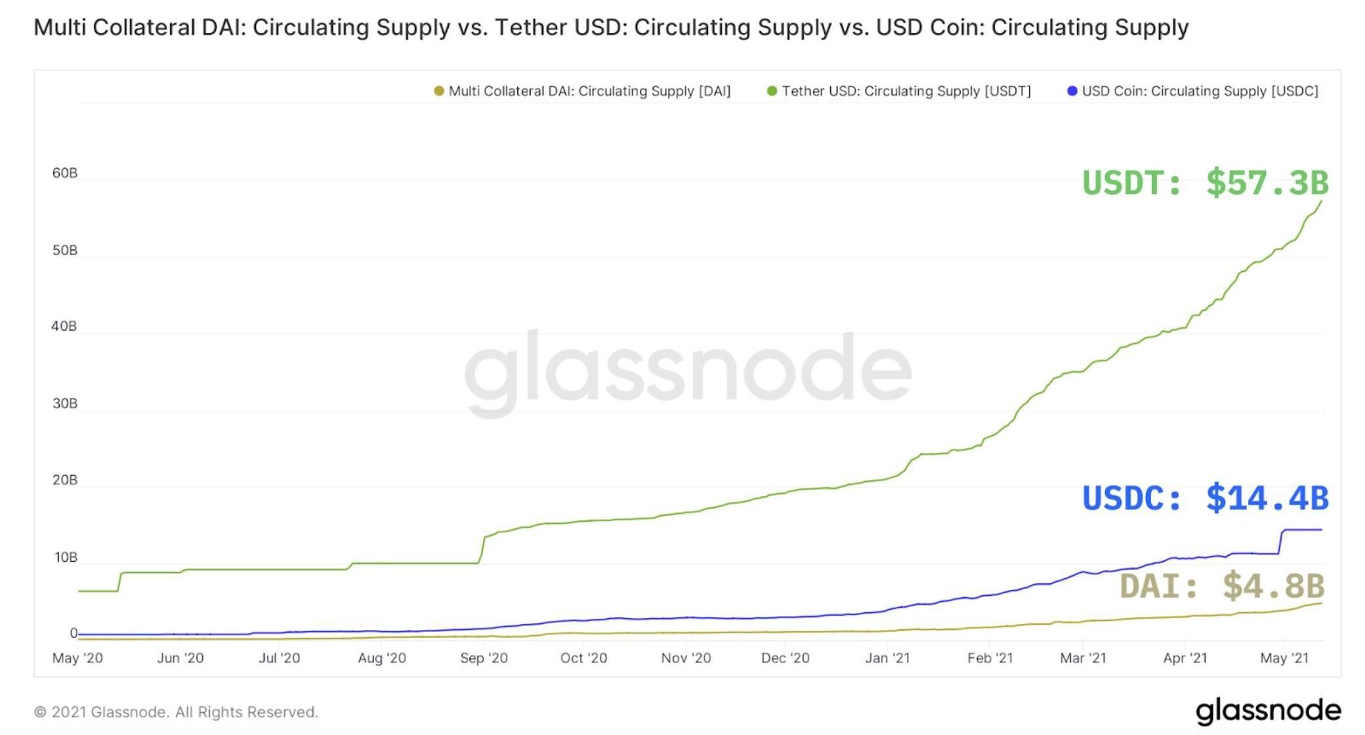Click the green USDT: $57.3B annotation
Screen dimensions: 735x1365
[x=1205, y=182]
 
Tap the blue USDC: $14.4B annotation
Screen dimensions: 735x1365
[x=1205, y=498]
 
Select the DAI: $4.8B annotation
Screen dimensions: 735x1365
[x=1222, y=585]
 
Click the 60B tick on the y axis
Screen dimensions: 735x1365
[x=64, y=173]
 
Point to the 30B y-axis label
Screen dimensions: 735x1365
[x=64, y=404]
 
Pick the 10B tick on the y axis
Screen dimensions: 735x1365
[x=65, y=558]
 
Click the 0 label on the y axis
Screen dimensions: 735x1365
[x=73, y=633]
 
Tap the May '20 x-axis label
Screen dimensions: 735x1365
[x=77, y=658]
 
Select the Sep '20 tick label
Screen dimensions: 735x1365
[x=484, y=658]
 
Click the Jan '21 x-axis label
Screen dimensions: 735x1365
[x=887, y=658]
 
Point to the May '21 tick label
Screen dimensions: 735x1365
[x=1284, y=658]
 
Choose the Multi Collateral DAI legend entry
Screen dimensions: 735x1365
[x=589, y=91]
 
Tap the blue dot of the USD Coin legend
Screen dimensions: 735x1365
[x=1072, y=91]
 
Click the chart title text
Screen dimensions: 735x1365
[x=611, y=28]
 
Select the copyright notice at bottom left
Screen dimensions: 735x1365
[x=176, y=712]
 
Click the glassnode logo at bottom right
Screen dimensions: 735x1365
[x=1268, y=711]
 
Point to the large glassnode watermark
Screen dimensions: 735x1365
[x=688, y=371]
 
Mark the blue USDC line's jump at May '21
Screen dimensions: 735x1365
[x=1280, y=541]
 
